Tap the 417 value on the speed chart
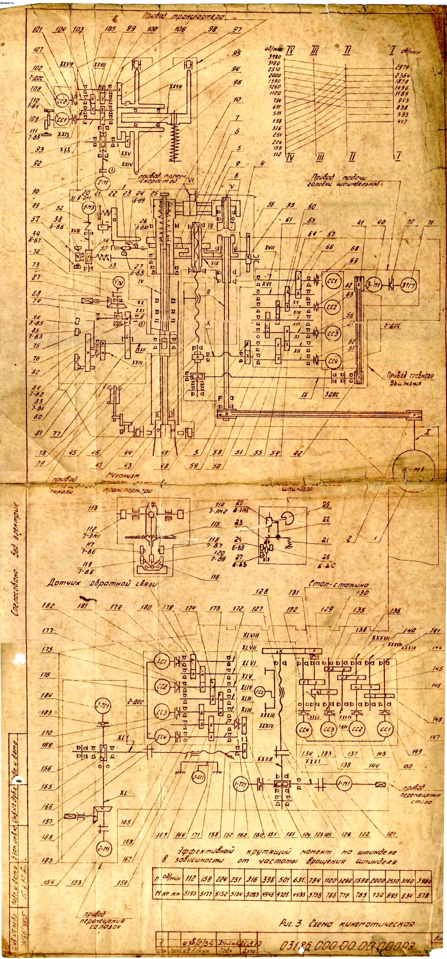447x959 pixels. [402, 122]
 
